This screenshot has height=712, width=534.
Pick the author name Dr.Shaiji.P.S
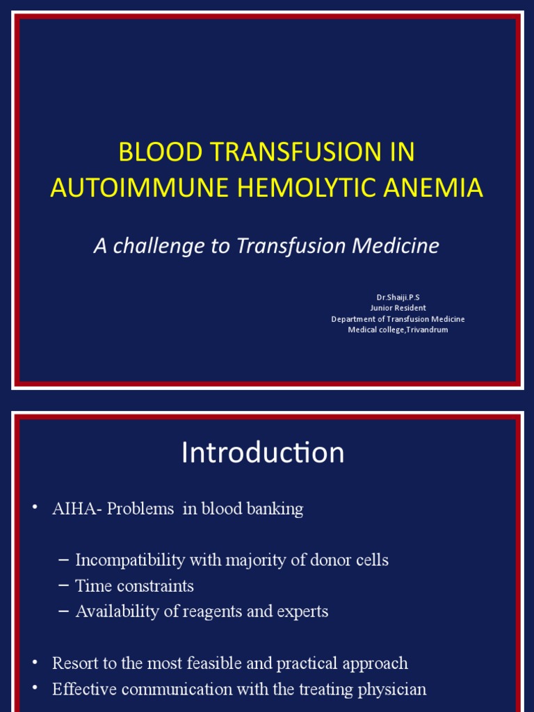398,297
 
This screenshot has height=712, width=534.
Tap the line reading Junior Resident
398,308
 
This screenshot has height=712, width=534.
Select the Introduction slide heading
262,453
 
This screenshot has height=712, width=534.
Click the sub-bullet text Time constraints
134,586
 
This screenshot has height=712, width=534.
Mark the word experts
303,612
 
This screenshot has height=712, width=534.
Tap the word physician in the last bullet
389,690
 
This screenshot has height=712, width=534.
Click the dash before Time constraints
64,586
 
